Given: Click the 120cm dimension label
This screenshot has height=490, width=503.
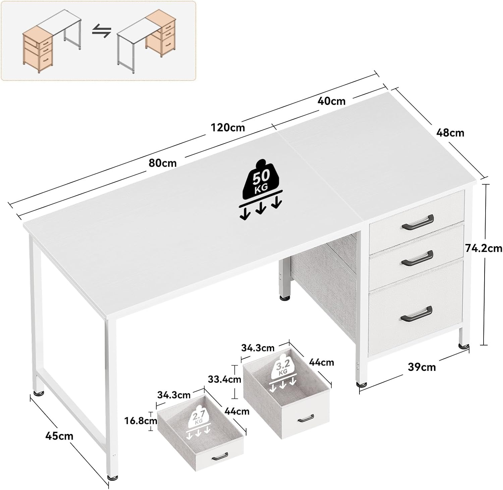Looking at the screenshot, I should coord(228,127).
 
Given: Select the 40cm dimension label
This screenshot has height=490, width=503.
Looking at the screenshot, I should coord(331,101).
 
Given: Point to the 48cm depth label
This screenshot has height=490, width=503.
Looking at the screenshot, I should coord(450,133).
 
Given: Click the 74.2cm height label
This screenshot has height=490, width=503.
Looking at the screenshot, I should coord(484,248).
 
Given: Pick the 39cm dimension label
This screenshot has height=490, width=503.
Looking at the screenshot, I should coord(422,367).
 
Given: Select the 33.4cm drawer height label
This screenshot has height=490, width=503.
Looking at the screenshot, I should coord(224,379).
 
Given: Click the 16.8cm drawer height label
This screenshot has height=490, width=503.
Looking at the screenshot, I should coord(141,421).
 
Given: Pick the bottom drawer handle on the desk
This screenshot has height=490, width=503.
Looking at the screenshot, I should coord(416,313).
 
